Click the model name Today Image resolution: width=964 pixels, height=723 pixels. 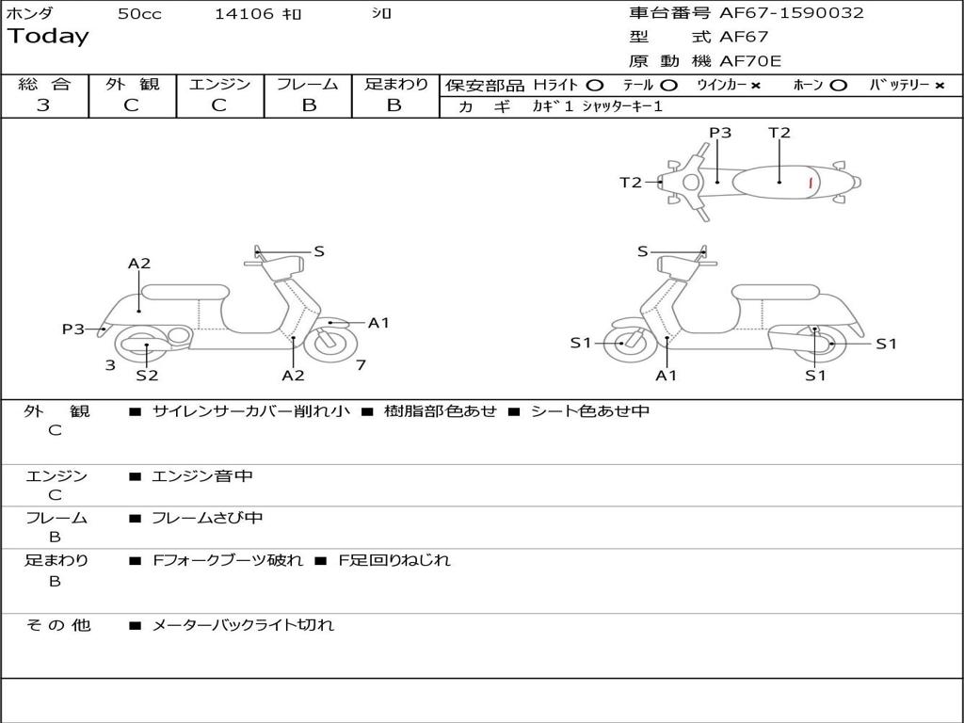click(48, 37)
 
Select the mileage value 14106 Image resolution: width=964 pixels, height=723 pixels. click(244, 14)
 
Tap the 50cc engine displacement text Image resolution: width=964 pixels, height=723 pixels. click(139, 14)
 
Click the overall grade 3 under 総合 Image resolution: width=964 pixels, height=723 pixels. click(43, 105)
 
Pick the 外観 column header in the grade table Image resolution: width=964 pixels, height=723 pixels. click(132, 85)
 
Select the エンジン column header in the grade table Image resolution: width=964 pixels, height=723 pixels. click(219, 85)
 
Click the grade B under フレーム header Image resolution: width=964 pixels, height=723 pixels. click(308, 105)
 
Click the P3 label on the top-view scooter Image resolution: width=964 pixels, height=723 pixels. click(720, 133)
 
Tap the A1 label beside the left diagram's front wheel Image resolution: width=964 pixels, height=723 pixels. click(378, 323)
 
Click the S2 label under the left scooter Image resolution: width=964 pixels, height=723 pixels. click(147, 376)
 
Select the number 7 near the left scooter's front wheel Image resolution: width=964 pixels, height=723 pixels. click(361, 365)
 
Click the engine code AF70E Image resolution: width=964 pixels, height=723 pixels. click(750, 61)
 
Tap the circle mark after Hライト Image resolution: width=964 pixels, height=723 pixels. click(595, 85)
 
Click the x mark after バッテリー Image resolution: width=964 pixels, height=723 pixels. click(939, 85)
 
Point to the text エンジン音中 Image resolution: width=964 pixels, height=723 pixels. click(202, 476)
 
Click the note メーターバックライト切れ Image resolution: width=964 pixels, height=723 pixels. click(243, 624)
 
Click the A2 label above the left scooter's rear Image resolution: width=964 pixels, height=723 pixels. click(139, 264)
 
